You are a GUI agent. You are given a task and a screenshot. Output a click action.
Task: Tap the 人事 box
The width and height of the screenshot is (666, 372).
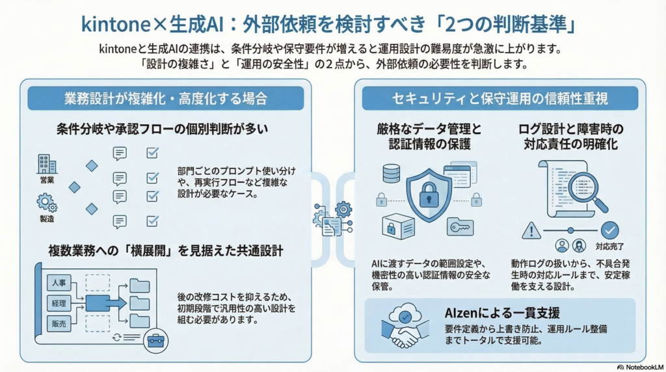pyautogui.click(x=59, y=283)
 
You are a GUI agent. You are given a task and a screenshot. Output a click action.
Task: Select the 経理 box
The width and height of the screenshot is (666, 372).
pyautogui.click(x=59, y=303)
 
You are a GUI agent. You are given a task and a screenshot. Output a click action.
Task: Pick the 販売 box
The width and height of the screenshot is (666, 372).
pyautogui.click(x=59, y=323)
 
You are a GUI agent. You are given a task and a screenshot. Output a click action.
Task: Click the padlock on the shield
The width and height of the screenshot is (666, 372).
pyautogui.click(x=429, y=194)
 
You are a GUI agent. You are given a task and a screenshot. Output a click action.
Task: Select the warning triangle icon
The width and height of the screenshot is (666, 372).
pyautogui.click(x=532, y=230)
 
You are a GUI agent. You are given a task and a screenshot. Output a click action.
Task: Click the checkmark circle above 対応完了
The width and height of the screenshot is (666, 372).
pyautogui.click(x=609, y=230)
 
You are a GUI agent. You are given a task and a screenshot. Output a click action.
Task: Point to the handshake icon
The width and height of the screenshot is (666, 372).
pyautogui.click(x=406, y=336)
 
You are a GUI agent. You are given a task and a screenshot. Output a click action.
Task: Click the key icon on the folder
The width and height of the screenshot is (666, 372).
pyautogui.click(x=460, y=226)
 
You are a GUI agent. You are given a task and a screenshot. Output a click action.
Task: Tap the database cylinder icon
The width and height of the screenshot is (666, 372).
pyautogui.click(x=391, y=173)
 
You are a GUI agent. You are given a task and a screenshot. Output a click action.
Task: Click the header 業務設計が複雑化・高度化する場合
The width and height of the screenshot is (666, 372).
pyautogui.click(x=166, y=99)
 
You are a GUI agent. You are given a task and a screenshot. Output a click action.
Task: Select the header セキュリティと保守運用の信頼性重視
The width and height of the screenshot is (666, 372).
pyautogui.click(x=500, y=99)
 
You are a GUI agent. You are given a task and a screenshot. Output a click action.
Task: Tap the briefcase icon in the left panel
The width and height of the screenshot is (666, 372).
pyautogui.click(x=155, y=341)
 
